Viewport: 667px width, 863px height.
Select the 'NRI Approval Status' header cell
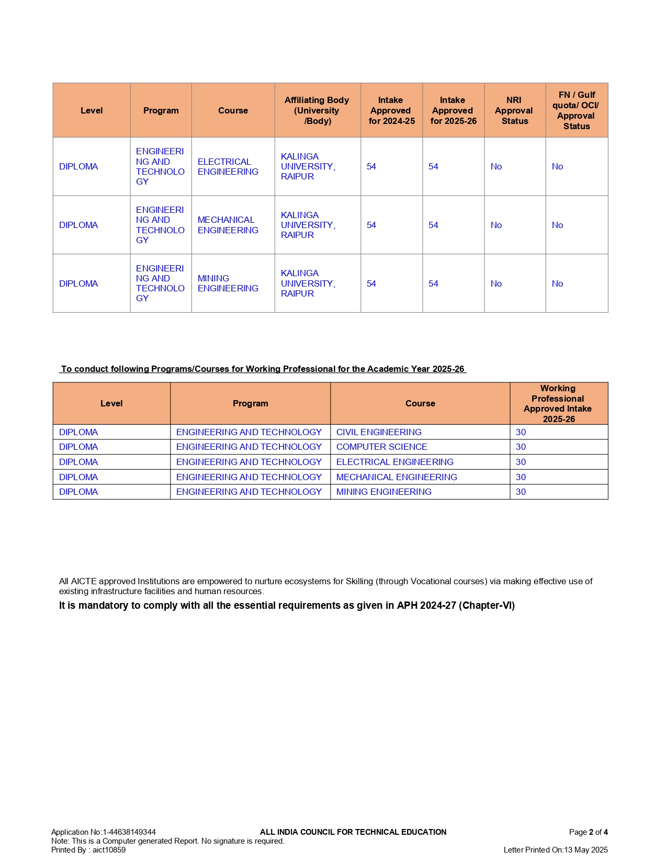pyautogui.click(x=514, y=110)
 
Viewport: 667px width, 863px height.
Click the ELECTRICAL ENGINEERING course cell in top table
pyautogui.click(x=228, y=167)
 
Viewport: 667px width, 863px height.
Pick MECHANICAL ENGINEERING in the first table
pyautogui.click(x=228, y=225)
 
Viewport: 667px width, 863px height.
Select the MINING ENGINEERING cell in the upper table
pyautogui.click(x=228, y=283)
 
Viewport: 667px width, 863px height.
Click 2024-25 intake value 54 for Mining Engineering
pyautogui.click(x=371, y=283)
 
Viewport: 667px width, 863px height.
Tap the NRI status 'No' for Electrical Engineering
pyautogui.click(x=496, y=167)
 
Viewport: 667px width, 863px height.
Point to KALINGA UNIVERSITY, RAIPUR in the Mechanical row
pyautogui.click(x=308, y=225)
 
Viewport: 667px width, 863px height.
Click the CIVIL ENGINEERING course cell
pyautogui.click(x=379, y=432)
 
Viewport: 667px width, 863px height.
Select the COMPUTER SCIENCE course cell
pyautogui.click(x=381, y=447)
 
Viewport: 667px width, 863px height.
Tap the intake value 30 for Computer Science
pyautogui.click(x=521, y=447)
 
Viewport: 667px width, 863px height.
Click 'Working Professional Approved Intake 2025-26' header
pyautogui.click(x=558, y=403)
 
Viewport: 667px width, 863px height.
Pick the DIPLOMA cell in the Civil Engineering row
pyautogui.click(x=78, y=432)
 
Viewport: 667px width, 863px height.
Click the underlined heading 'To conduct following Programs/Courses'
pyautogui.click(x=263, y=369)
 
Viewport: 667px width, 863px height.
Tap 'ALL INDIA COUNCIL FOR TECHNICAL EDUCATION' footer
pyautogui.click(x=353, y=832)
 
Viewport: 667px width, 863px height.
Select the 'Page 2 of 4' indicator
pyautogui.click(x=588, y=832)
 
